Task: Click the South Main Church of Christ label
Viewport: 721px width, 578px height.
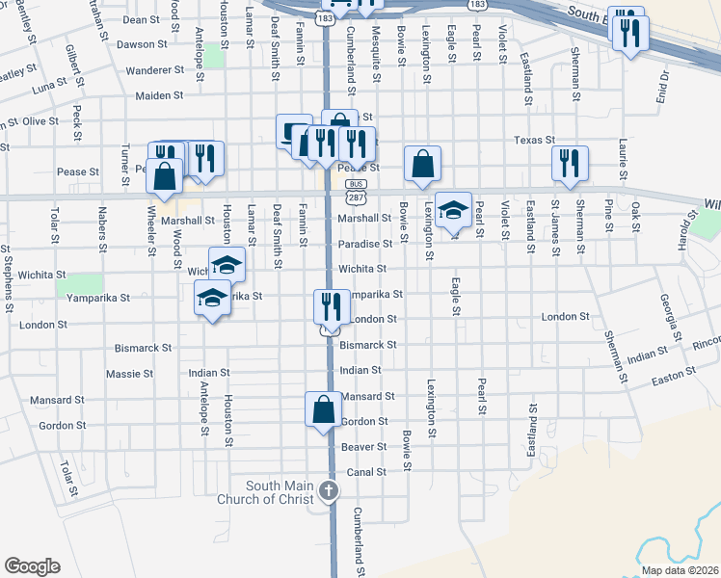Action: coord(280,492)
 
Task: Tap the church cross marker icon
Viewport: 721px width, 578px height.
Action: coord(328,491)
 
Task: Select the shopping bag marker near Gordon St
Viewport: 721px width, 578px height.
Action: coord(323,409)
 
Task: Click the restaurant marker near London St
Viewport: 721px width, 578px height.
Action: coord(331,307)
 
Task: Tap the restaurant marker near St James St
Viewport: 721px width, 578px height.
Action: coord(570,164)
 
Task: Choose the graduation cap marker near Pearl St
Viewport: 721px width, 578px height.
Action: coord(453,210)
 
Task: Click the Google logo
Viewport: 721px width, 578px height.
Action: coord(32,566)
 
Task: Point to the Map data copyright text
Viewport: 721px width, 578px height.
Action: coord(680,570)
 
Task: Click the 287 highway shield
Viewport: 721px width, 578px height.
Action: coord(357,197)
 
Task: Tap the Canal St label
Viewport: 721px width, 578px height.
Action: coord(366,472)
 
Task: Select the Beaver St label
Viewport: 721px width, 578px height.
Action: coord(362,447)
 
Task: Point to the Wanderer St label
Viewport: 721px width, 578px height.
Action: coord(154,70)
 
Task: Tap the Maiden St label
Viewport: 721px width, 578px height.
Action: coord(159,95)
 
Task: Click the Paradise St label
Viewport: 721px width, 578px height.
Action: coord(364,245)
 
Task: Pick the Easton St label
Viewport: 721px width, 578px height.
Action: coord(675,373)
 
